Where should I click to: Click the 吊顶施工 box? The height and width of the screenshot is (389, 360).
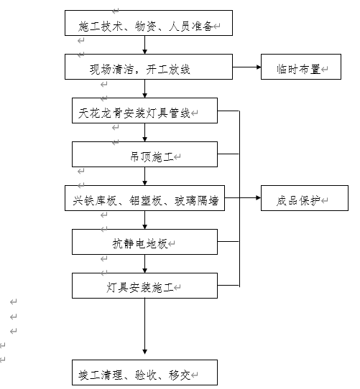click(x=144, y=155)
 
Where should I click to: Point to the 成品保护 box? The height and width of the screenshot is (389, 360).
click(x=303, y=199)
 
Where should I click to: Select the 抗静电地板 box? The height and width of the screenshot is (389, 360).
click(x=144, y=243)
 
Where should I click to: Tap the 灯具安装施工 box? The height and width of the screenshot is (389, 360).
click(x=144, y=286)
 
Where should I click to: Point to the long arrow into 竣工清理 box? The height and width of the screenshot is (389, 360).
click(x=145, y=327)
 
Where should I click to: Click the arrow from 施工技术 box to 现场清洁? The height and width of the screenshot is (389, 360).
click(x=145, y=47)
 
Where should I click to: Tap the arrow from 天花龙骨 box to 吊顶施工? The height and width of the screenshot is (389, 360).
click(x=145, y=133)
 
